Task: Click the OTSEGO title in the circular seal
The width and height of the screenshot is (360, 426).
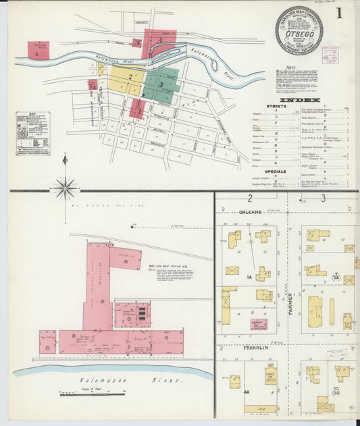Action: coord(298,31)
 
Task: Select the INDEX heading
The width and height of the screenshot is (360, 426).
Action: coord(299,101)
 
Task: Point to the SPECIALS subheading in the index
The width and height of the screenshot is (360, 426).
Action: coord(274,171)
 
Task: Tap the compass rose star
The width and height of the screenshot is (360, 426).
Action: coord(65,188)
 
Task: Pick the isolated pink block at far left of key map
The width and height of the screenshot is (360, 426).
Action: coord(38,49)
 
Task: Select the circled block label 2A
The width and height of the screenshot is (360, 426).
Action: coord(336,276)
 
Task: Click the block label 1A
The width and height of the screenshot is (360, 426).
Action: coord(249,277)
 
